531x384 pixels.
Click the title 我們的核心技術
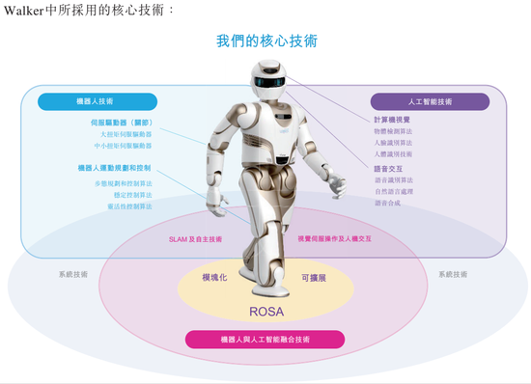pyautogui.click(x=265, y=41)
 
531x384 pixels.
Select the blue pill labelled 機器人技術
pyautogui.click(x=95, y=100)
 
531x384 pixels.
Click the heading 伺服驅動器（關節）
pyautogui.click(x=122, y=123)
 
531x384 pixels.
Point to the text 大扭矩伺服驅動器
pyautogui.click(x=126, y=135)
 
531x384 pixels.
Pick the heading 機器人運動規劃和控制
pyautogui.click(x=114, y=167)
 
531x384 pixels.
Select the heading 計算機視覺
pyautogui.click(x=393, y=119)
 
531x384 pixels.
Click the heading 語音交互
pyautogui.click(x=388, y=168)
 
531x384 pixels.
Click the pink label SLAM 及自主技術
pyautogui.click(x=195, y=239)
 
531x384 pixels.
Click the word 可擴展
pyautogui.click(x=316, y=277)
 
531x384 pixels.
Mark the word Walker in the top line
pyautogui.click(x=21, y=9)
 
